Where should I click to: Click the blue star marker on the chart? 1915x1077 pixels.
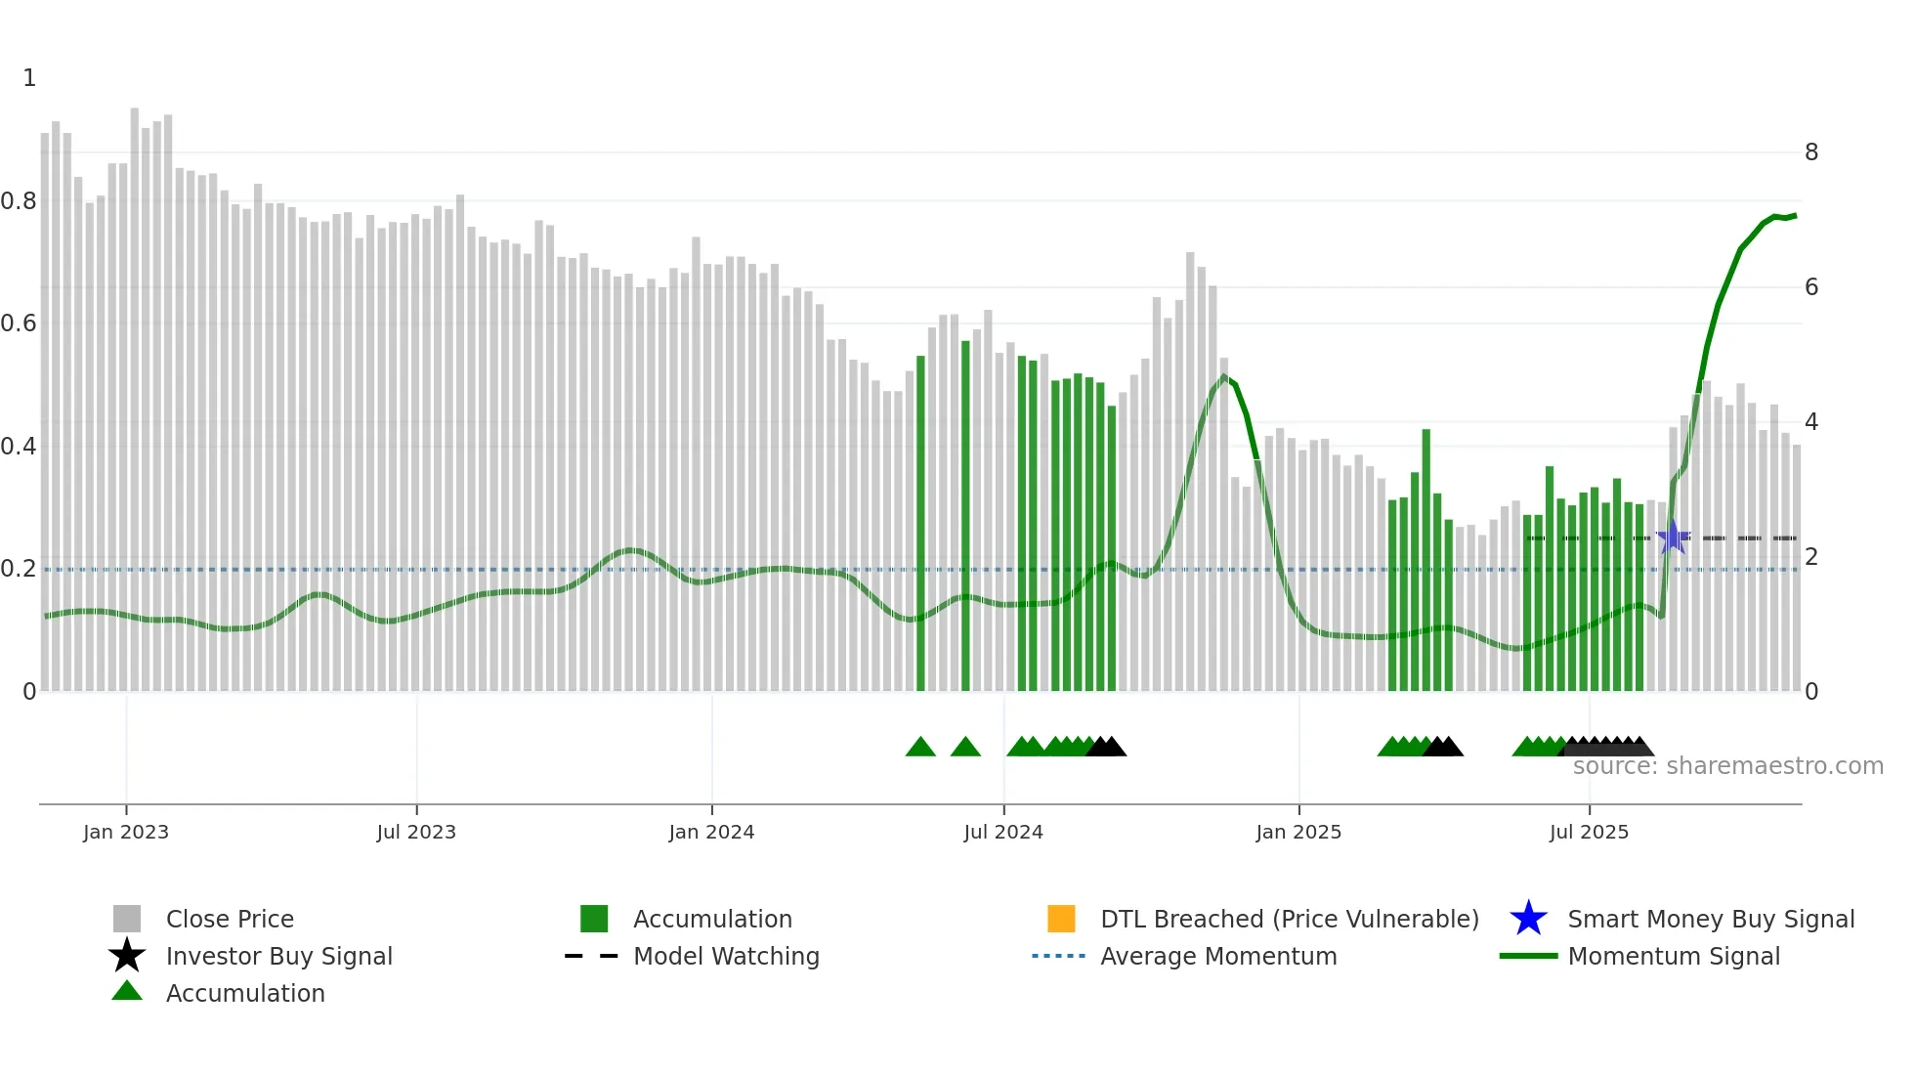tap(1673, 537)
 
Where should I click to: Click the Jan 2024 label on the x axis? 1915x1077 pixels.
tap(711, 832)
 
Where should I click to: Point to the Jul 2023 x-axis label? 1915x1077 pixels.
tap(416, 832)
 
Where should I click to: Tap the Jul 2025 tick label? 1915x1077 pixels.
tap(1589, 832)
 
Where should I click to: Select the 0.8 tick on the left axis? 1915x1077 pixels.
tap(20, 201)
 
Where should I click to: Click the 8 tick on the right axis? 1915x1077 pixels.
tap(1811, 152)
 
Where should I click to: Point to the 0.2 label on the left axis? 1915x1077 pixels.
tap(20, 569)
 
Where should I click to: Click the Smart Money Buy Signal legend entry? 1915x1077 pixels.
tap(1710, 919)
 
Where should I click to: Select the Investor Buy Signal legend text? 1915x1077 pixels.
tap(278, 956)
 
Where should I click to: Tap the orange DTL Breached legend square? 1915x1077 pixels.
tap(1061, 919)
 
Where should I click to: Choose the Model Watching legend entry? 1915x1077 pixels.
tap(726, 956)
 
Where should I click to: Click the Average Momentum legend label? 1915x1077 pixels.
tap(1218, 956)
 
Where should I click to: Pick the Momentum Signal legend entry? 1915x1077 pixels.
tap(1674, 956)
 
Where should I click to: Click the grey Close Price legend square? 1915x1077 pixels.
tap(127, 919)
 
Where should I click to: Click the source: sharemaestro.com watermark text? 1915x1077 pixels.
tap(1727, 766)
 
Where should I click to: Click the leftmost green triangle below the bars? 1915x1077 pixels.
tap(920, 748)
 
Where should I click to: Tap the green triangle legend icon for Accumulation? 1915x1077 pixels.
tap(127, 991)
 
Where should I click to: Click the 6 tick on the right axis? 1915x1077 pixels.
tap(1811, 287)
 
